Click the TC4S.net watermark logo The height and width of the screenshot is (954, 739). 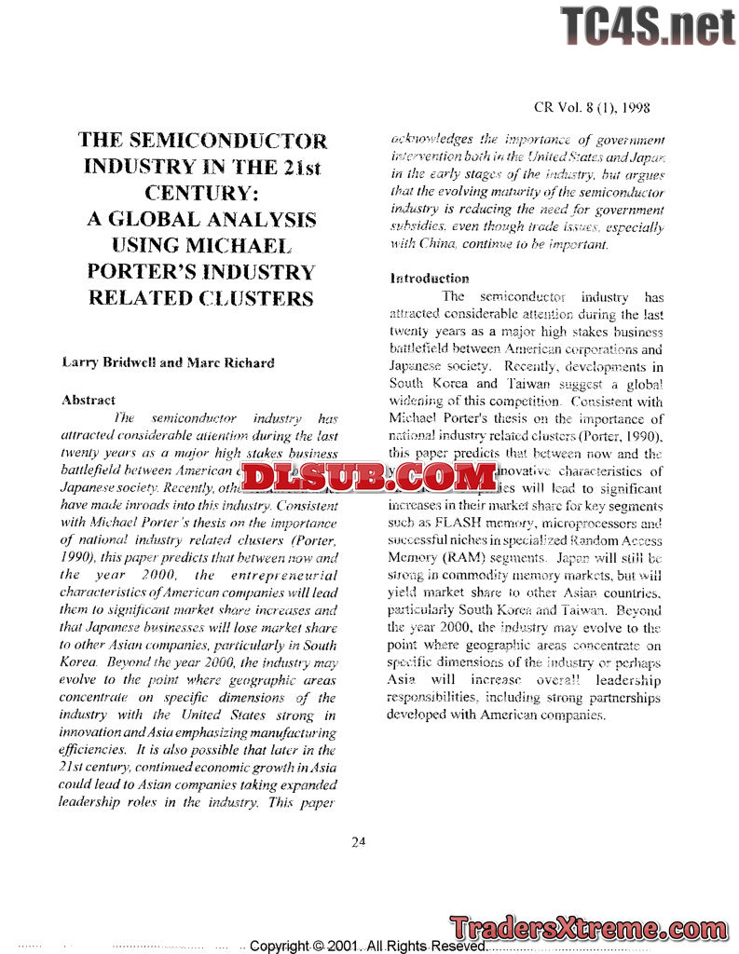click(648, 25)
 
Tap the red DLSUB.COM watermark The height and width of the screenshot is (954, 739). click(369, 476)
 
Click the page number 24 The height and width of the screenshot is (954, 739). click(359, 841)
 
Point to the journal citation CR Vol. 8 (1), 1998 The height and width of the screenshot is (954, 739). click(591, 109)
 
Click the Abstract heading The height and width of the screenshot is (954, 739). click(89, 400)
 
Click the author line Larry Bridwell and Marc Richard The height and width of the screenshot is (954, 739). click(168, 362)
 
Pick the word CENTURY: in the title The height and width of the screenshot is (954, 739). click(202, 194)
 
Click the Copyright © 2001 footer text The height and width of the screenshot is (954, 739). click(367, 946)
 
